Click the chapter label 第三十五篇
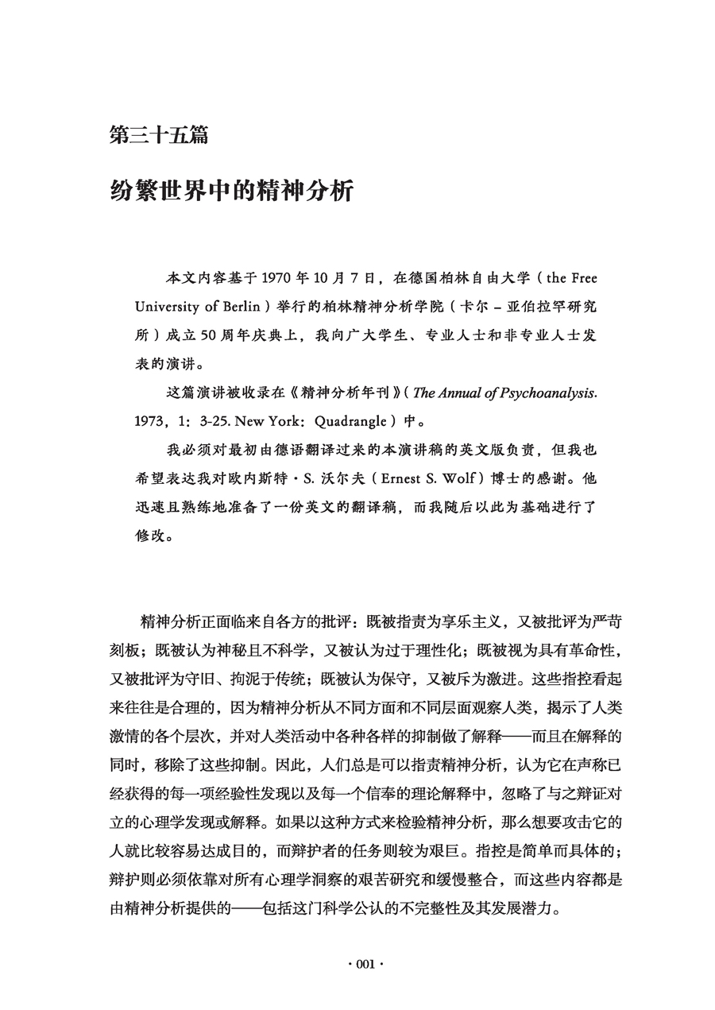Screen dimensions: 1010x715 tap(159, 135)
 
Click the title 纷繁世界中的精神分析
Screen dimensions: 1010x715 tap(230, 192)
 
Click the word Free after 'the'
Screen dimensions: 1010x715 tap(582, 278)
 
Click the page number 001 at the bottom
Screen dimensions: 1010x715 tap(357, 965)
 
